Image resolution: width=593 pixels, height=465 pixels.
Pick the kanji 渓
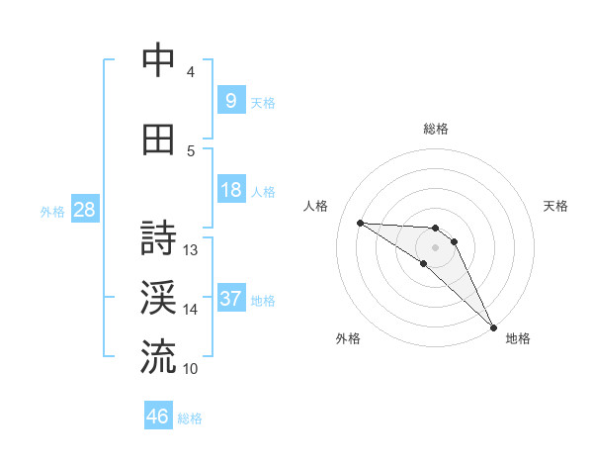coord(158,298)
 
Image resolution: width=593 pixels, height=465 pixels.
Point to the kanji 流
coord(158,357)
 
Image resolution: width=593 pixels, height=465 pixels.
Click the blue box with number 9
coord(230,100)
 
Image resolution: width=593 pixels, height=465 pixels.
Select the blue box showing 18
coord(230,191)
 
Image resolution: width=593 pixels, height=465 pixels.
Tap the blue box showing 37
coord(230,299)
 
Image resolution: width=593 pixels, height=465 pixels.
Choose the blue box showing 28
coord(83,210)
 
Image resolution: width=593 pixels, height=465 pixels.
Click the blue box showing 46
coord(157,417)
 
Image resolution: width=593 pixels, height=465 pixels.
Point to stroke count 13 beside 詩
coord(191,250)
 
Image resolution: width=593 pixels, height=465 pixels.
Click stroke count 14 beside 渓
coord(191,310)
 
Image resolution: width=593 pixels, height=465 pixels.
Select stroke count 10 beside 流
coord(191,369)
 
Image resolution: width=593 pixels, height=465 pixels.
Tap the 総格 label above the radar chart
coord(436,129)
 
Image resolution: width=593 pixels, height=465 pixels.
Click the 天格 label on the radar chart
coord(556,206)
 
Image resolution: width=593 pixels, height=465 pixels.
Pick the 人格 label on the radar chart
coord(316,206)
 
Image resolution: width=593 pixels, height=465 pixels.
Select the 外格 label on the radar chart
coord(348,338)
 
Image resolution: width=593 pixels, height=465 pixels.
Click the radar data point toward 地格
coord(493,326)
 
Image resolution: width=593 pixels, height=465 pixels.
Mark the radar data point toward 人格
coord(360,223)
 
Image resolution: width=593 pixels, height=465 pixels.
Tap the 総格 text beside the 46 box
coord(190,418)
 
